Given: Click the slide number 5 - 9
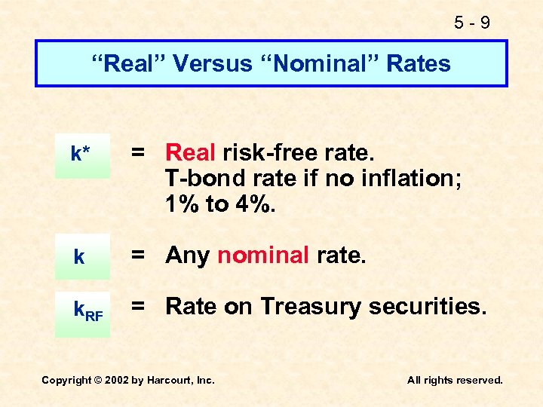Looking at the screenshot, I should point(472,23).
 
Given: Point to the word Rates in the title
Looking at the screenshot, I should point(418,63).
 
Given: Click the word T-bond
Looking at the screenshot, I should point(195,179).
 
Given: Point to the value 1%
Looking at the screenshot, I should point(184,204).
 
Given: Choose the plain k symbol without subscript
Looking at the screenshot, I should point(79,257).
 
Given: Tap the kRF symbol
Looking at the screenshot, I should point(87,309).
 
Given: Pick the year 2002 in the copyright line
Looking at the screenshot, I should point(114,381).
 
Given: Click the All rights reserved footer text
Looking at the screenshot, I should point(455,381).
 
